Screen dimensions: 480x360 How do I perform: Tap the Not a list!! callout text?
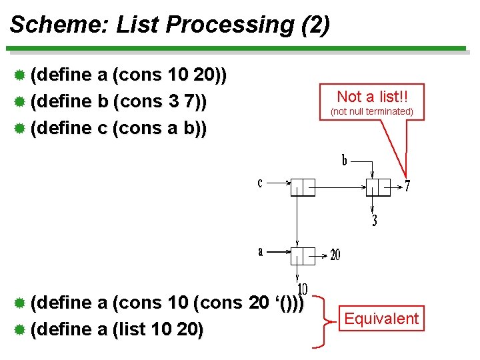(372, 96)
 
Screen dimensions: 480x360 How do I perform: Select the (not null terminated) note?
(372, 111)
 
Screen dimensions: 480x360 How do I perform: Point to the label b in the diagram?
(345, 161)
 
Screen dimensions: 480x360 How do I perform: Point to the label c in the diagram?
(260, 183)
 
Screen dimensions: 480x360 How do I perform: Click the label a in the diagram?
(261, 251)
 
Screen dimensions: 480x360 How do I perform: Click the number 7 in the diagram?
(407, 187)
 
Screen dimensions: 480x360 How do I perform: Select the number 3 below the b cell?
(374, 221)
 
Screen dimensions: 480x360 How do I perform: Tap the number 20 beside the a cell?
(335, 255)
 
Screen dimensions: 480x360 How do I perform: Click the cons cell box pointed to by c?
(303, 188)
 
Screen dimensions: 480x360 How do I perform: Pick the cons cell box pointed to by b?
(378, 188)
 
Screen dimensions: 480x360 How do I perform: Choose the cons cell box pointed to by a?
(303, 256)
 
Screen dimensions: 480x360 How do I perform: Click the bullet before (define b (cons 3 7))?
(20, 101)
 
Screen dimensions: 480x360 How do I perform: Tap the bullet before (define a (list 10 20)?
(20, 329)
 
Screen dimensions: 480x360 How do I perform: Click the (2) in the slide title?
(315, 25)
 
